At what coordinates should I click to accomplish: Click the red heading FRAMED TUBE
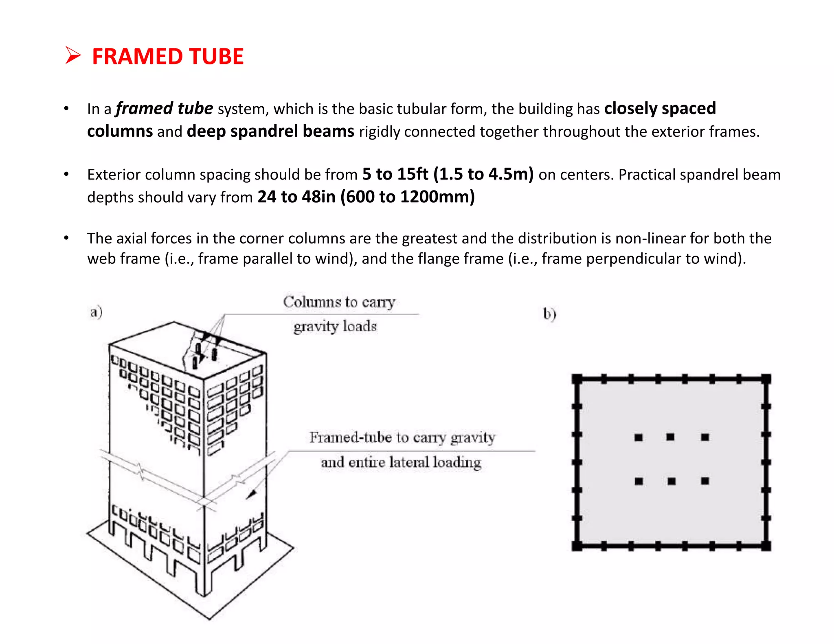[x=167, y=56]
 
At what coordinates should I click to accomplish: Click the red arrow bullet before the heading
[x=73, y=55]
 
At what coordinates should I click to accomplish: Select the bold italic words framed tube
[x=164, y=109]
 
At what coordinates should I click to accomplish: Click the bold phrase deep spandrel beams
[x=270, y=131]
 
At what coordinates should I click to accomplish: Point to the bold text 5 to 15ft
[x=395, y=174]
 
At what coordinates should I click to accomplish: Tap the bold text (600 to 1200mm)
[x=408, y=197]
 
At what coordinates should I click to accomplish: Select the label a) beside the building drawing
[x=96, y=312]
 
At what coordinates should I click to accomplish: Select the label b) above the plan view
[x=549, y=314]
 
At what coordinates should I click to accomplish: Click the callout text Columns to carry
[x=339, y=302]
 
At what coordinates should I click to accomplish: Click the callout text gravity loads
[x=335, y=326]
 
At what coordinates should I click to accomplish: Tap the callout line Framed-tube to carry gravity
[x=402, y=438]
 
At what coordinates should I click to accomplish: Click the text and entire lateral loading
[x=401, y=462]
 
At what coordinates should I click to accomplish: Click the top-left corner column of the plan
[x=577, y=379]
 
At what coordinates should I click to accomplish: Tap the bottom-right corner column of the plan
[x=766, y=546]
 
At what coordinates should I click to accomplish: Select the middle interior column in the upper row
[x=670, y=437]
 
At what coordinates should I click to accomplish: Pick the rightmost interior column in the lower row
[x=705, y=481]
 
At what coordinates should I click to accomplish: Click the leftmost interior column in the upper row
[x=639, y=438]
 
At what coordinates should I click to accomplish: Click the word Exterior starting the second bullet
[x=114, y=175]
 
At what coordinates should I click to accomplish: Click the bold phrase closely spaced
[x=660, y=109]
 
